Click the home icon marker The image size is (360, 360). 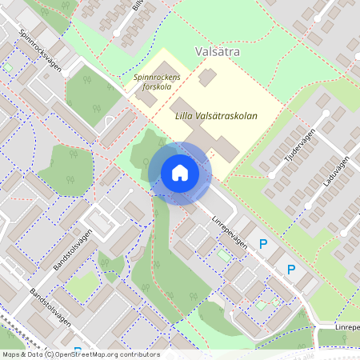point(179,173)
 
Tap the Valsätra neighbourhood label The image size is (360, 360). point(218,52)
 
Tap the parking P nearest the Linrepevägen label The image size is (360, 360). point(262,243)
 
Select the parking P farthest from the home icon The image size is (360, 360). point(291,270)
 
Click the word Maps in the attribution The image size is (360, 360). point(11,354)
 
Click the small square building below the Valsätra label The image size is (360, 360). point(207,77)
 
